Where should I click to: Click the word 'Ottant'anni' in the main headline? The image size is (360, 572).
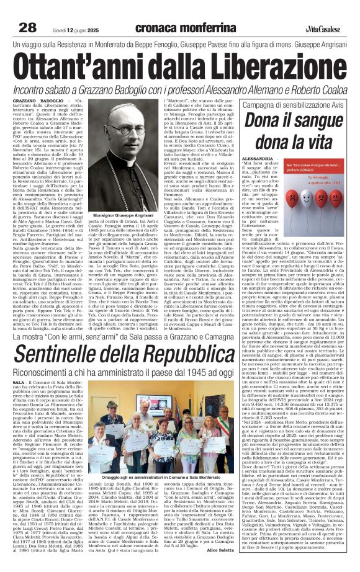[88, 65]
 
